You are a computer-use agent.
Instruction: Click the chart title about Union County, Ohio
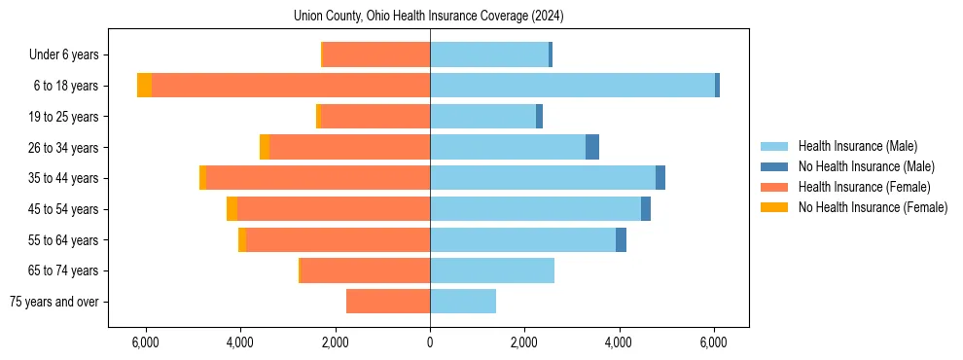point(428,17)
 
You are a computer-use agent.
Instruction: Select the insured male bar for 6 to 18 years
point(572,86)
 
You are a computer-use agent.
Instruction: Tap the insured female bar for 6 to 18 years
point(291,86)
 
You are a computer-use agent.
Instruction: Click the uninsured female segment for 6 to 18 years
point(144,86)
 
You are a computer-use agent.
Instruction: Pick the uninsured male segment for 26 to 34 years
point(592,147)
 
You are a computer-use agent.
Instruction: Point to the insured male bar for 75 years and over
point(463,302)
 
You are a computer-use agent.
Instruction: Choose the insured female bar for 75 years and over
point(388,302)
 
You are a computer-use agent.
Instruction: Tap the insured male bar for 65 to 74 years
point(492,270)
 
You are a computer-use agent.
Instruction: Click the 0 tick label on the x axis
point(430,342)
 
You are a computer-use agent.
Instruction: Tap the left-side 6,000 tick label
point(145,342)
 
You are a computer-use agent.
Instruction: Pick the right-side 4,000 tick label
point(620,342)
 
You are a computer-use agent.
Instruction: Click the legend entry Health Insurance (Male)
point(857,146)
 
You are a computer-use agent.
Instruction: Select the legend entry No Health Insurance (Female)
point(873,207)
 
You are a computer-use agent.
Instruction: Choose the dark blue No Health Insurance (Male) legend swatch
point(774,166)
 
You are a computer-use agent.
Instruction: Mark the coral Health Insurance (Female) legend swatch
point(774,187)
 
